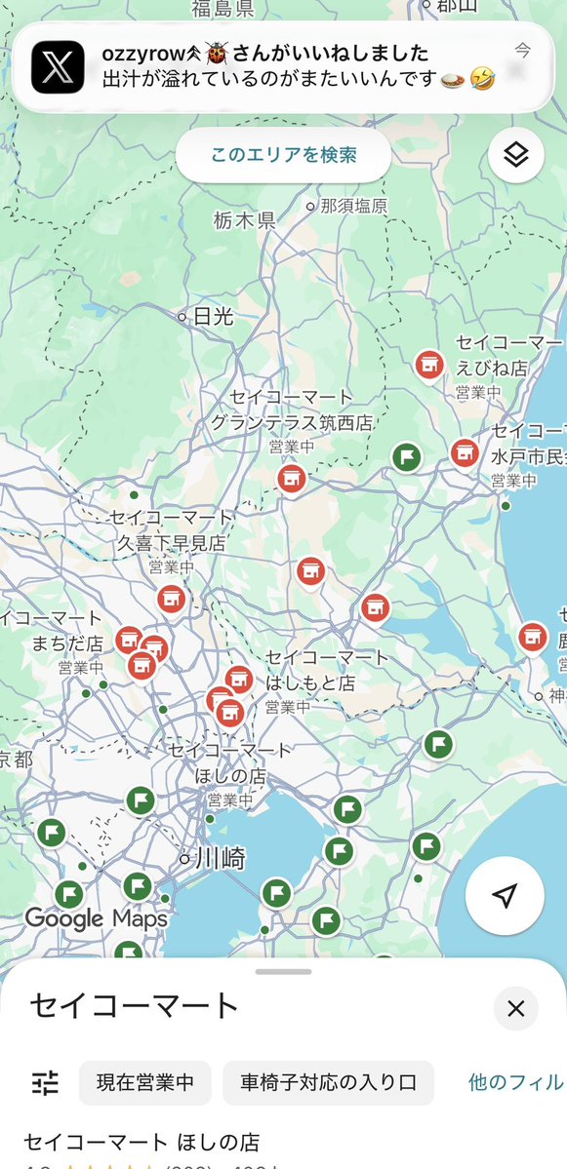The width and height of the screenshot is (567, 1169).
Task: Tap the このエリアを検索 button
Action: click(x=283, y=155)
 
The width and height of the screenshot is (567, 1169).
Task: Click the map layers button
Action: click(x=515, y=155)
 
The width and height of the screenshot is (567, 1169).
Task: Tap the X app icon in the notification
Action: click(x=58, y=66)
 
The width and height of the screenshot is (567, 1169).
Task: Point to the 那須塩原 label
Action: click(x=352, y=206)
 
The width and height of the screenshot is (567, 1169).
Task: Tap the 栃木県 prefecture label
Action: click(x=244, y=221)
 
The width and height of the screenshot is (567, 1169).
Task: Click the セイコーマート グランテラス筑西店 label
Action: click(x=293, y=410)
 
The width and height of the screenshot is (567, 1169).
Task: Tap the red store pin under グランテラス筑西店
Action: click(x=290, y=479)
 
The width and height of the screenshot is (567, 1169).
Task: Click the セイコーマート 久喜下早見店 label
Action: click(x=172, y=529)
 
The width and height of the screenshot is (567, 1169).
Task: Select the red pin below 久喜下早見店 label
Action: click(x=171, y=599)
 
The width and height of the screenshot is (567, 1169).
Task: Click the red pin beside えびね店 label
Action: click(x=427, y=366)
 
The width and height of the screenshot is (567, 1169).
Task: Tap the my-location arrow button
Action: click(x=505, y=896)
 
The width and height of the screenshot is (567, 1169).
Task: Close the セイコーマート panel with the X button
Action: click(x=515, y=1008)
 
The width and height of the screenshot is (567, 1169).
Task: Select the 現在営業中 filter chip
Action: click(x=145, y=1081)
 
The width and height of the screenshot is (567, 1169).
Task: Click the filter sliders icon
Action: click(x=45, y=1081)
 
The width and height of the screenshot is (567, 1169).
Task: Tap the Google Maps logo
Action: click(x=96, y=918)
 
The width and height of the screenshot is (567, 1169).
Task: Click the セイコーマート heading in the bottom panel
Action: click(x=135, y=1005)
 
